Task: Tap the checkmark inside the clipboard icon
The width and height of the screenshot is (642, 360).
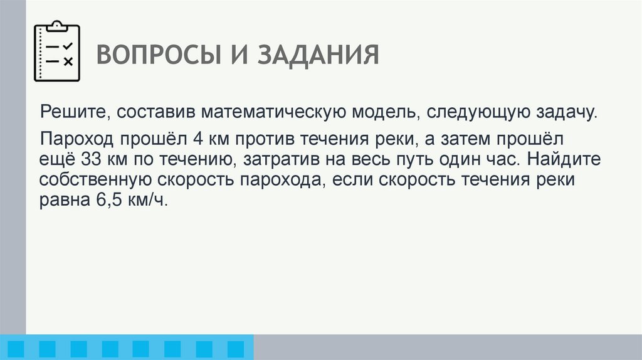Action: pos(68,46)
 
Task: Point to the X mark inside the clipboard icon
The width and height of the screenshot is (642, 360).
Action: pos(68,61)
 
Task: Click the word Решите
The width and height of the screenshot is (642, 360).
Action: pos(66,113)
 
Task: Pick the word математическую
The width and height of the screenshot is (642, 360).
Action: pos(271,113)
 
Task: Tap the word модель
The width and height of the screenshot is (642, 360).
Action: pos(377,113)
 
